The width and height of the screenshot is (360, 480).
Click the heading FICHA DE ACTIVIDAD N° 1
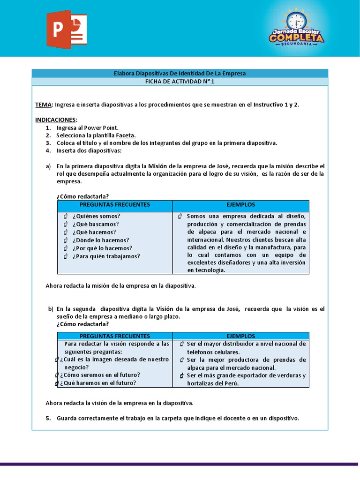(180, 81)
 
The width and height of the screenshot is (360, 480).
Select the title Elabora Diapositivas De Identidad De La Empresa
(180, 73)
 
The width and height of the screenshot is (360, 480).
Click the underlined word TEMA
(44, 105)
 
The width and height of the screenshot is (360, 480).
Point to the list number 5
(48, 418)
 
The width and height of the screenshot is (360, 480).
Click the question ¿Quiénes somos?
(96, 216)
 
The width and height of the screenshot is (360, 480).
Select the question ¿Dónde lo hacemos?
(100, 240)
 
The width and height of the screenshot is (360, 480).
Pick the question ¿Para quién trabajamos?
(106, 256)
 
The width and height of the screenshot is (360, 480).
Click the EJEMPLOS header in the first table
(240, 205)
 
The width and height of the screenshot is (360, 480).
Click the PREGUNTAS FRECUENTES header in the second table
(114, 336)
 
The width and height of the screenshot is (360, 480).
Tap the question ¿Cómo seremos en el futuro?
(100, 375)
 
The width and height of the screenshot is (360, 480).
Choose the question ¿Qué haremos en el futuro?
(98, 383)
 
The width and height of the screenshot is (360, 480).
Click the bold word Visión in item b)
(165, 309)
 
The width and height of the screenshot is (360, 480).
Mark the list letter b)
(51, 309)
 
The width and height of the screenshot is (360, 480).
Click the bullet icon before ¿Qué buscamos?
(66, 225)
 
